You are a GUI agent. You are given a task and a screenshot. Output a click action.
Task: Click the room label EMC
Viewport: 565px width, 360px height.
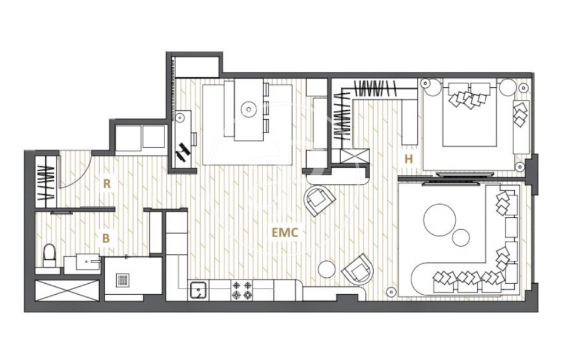[285, 232]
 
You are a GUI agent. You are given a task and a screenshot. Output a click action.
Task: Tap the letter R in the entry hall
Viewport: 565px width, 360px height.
[107, 184]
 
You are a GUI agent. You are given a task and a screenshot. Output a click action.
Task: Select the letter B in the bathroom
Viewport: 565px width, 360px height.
[106, 238]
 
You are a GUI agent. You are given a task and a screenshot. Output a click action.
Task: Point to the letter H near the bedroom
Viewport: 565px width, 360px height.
[408, 159]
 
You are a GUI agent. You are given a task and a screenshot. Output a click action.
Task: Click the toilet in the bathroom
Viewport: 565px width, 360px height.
[50, 255]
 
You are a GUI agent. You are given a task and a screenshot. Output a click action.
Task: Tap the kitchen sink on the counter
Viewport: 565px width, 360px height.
[198, 290]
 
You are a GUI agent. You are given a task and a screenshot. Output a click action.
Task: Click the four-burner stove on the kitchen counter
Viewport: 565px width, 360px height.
[243, 290]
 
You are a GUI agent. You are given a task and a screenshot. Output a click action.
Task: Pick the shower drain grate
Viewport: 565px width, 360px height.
[123, 280]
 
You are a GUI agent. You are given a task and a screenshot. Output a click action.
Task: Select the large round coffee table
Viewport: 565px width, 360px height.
[440, 220]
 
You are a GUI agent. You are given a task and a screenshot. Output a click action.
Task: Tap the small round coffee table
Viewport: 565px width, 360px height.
[461, 237]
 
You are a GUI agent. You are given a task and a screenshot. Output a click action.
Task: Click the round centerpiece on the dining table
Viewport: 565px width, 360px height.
[248, 108]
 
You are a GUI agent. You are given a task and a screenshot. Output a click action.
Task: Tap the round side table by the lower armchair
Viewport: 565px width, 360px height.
[327, 269]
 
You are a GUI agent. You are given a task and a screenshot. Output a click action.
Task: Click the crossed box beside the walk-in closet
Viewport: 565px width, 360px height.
[355, 156]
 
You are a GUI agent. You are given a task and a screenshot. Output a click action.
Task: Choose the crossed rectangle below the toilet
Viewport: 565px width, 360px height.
[67, 290]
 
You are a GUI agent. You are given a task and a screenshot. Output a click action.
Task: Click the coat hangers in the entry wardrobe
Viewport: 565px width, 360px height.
[47, 183]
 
